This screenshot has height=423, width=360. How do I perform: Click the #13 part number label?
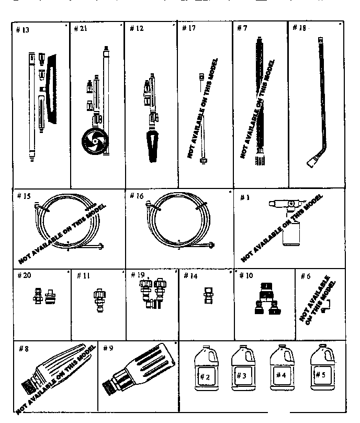pos(23,30)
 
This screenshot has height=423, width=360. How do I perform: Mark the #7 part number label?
pos(242,27)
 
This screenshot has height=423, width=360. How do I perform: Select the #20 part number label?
pos(24,275)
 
